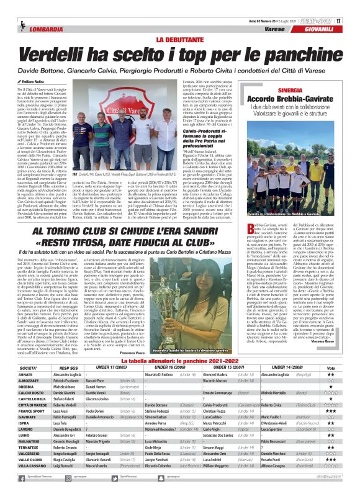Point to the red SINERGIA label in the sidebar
click(290, 89)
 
